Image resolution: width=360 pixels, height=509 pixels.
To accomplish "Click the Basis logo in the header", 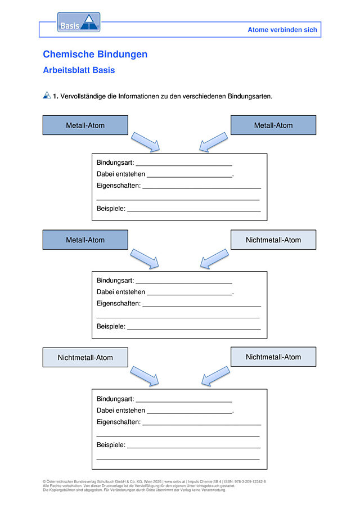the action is pyautogui.click(x=79, y=22).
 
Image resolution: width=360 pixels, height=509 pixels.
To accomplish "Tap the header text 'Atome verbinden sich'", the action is pyautogui.click(x=282, y=30).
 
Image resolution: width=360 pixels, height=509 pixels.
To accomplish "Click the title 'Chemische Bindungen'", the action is pyautogui.click(x=95, y=54).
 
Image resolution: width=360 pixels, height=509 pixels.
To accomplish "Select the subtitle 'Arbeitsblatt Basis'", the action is pyautogui.click(x=79, y=70).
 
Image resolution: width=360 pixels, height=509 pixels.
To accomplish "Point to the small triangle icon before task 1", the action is pyautogui.click(x=47, y=95).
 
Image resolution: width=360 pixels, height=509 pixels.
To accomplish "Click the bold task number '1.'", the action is pyautogui.click(x=56, y=96).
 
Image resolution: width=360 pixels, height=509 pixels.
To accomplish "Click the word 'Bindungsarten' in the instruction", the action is pyautogui.click(x=249, y=96).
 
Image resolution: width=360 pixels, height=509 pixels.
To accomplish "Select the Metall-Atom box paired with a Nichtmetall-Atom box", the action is pyautogui.click(x=85, y=240).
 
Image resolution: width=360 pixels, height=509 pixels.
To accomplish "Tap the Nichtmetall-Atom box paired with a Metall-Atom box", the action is pyautogui.click(x=273, y=240).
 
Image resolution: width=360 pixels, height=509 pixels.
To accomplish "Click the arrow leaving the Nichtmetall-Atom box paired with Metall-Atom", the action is pyautogui.click(x=214, y=259).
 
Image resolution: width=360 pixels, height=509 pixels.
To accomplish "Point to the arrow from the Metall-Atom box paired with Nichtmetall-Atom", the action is pyautogui.click(x=145, y=259).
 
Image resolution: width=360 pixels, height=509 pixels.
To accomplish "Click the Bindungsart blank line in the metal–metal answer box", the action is pyautogui.click(x=184, y=165).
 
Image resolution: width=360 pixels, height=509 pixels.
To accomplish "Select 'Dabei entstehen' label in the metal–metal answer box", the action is pyautogui.click(x=121, y=174).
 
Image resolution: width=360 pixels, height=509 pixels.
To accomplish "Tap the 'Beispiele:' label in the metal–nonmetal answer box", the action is pyautogui.click(x=111, y=327).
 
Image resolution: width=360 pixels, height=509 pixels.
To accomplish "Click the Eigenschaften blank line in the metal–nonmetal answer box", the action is pyautogui.click(x=201, y=306).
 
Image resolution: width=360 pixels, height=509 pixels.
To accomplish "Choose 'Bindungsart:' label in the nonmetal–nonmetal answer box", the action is pyautogui.click(x=115, y=399).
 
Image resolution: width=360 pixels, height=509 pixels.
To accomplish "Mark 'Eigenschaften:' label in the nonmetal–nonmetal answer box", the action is pyautogui.click(x=119, y=422).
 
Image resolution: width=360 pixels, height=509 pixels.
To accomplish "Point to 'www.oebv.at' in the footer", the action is pyautogui.click(x=174, y=482).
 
